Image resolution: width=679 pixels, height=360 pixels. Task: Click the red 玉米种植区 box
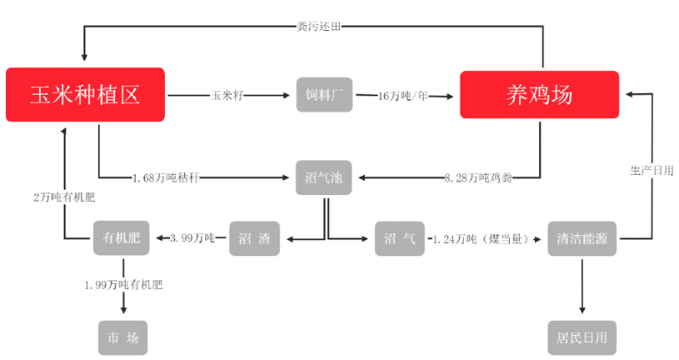click(x=85, y=95)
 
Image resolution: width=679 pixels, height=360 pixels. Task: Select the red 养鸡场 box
click(x=539, y=95)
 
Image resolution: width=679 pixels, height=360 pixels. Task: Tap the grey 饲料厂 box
click(x=324, y=95)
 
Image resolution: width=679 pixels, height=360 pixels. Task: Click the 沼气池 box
click(x=324, y=177)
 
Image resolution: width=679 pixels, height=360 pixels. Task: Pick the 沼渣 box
click(x=255, y=239)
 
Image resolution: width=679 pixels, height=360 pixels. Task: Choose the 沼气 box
click(x=399, y=239)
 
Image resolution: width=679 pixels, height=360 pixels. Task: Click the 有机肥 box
click(x=121, y=238)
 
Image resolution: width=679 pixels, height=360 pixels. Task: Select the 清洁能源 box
click(x=582, y=239)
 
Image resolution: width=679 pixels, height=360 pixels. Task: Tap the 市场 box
click(x=123, y=338)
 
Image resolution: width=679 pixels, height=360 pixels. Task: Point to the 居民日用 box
click(x=582, y=338)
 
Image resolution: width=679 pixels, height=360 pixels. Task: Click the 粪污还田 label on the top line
click(x=319, y=27)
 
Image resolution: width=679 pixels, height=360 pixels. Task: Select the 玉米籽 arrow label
click(x=227, y=95)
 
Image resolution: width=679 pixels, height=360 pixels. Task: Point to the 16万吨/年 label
click(x=404, y=95)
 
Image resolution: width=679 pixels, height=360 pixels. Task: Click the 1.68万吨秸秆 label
click(x=166, y=177)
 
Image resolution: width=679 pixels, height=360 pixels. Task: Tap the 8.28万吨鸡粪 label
click(x=479, y=177)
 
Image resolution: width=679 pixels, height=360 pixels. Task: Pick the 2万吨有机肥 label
click(x=64, y=198)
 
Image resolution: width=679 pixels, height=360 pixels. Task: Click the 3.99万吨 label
click(x=193, y=239)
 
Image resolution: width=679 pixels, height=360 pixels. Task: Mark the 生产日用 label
click(x=651, y=171)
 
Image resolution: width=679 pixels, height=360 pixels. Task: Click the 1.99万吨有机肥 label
click(x=124, y=285)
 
